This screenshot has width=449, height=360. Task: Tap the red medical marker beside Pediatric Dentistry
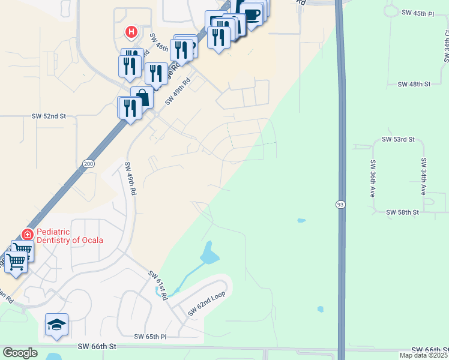click(26, 235)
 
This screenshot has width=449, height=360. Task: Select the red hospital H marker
click(130, 31)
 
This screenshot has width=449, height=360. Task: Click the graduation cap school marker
click(56, 325)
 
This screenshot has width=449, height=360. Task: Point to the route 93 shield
click(340, 205)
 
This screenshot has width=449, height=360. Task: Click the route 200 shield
click(89, 163)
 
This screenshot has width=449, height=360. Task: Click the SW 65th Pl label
click(150, 337)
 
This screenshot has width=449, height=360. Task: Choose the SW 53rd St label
click(398, 139)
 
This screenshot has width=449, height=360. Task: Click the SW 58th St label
click(402, 212)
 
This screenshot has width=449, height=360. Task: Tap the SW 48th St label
click(414, 85)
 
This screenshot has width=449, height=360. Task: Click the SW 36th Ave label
click(373, 178)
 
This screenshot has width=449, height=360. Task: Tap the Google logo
click(20, 353)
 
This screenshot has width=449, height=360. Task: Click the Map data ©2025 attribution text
click(423, 355)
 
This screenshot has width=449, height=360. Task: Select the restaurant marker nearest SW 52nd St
click(129, 108)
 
